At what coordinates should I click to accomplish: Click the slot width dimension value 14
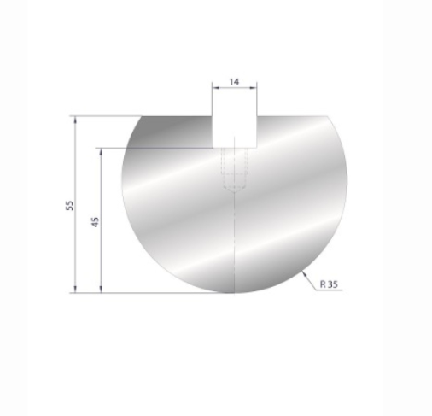tap(234, 82)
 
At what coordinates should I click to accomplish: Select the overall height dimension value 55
tap(70, 204)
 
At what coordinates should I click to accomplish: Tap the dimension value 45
tap(96, 220)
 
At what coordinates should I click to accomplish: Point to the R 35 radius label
tap(329, 283)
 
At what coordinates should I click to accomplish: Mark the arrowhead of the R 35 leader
tap(304, 272)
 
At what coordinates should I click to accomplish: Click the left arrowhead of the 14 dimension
tap(214, 89)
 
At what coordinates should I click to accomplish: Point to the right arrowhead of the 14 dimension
tap(254, 89)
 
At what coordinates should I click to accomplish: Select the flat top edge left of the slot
tap(175, 115)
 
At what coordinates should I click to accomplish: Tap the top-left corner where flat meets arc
tap(140, 115)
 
